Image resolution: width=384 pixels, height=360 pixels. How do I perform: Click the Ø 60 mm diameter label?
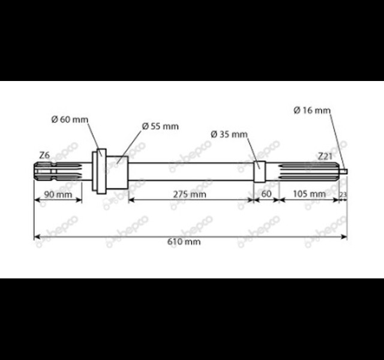pyautogui.click(x=70, y=119)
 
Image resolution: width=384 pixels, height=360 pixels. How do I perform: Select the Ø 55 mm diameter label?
pyautogui.click(x=160, y=127)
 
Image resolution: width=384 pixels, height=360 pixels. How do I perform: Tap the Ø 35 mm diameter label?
pyautogui.click(x=229, y=134)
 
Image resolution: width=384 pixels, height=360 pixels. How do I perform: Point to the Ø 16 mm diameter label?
pyautogui.click(x=312, y=110)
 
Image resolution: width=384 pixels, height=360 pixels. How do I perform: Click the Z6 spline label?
pyautogui.click(x=44, y=155)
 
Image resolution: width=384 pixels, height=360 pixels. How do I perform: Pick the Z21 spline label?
pyautogui.click(x=325, y=156)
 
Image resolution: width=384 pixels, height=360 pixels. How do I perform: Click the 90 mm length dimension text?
pyautogui.click(x=58, y=194)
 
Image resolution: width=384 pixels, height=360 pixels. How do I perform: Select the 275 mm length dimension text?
pyautogui.click(x=190, y=194)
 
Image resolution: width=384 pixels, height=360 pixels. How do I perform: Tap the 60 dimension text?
pyautogui.click(x=266, y=194)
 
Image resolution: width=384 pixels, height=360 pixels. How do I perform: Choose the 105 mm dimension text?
pyautogui.click(x=310, y=194)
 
